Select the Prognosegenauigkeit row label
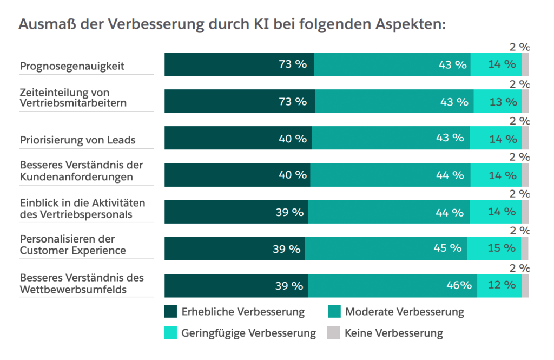(72, 66)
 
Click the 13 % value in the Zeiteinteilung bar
(503, 101)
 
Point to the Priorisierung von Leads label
(77, 140)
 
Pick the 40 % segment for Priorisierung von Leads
(238, 138)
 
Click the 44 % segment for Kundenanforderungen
(390, 175)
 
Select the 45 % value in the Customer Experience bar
(447, 248)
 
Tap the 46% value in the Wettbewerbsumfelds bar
(458, 285)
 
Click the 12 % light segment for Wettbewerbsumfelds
(499, 285)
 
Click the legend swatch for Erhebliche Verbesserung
(170, 312)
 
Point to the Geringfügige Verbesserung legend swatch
(170, 333)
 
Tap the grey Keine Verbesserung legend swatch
(334, 333)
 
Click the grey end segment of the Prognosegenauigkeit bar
(525, 64)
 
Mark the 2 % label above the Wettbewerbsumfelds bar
(519, 268)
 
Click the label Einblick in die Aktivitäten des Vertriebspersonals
(83, 208)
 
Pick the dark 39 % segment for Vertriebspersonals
(236, 212)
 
